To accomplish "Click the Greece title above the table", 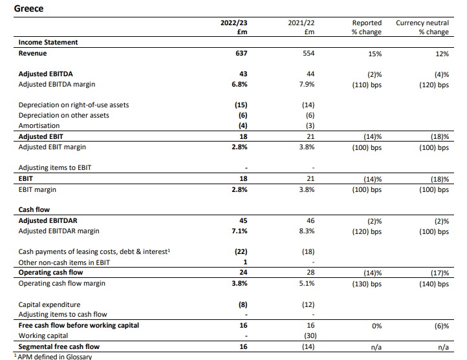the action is tap(28, 8).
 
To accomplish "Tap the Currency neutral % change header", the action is tap(422, 27).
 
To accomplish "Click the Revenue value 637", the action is tap(241, 53).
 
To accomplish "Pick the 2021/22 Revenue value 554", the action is tap(309, 53).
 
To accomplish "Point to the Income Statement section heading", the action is tap(48, 42).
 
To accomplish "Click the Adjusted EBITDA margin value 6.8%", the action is tap(239, 84).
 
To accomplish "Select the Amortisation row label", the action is tap(39, 125).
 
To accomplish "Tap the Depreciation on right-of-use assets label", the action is tap(74, 105).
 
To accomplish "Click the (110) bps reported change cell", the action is tap(367, 85).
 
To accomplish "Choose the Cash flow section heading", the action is tap(34, 210).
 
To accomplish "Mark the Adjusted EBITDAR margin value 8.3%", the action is tap(307, 231).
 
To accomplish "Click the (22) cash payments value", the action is tap(241, 251).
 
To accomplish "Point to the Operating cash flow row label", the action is tap(50, 273).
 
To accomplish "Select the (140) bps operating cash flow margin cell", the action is tap(434, 284).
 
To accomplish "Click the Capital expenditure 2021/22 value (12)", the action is tap(309, 304).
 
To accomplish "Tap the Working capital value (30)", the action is tap(310, 335).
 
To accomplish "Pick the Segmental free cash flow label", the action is tap(59, 346).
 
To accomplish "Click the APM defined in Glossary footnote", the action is tap(53, 356).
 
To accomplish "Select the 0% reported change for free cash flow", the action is tap(376, 326).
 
